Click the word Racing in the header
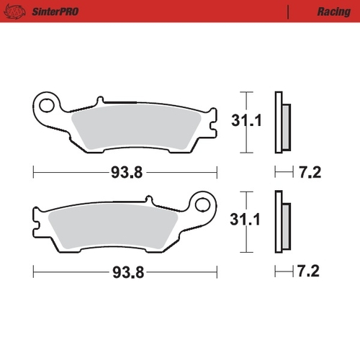[x=333, y=12]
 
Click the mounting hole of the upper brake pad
[x=48, y=108]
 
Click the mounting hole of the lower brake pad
[x=204, y=205]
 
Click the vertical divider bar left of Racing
[x=289, y=12]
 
